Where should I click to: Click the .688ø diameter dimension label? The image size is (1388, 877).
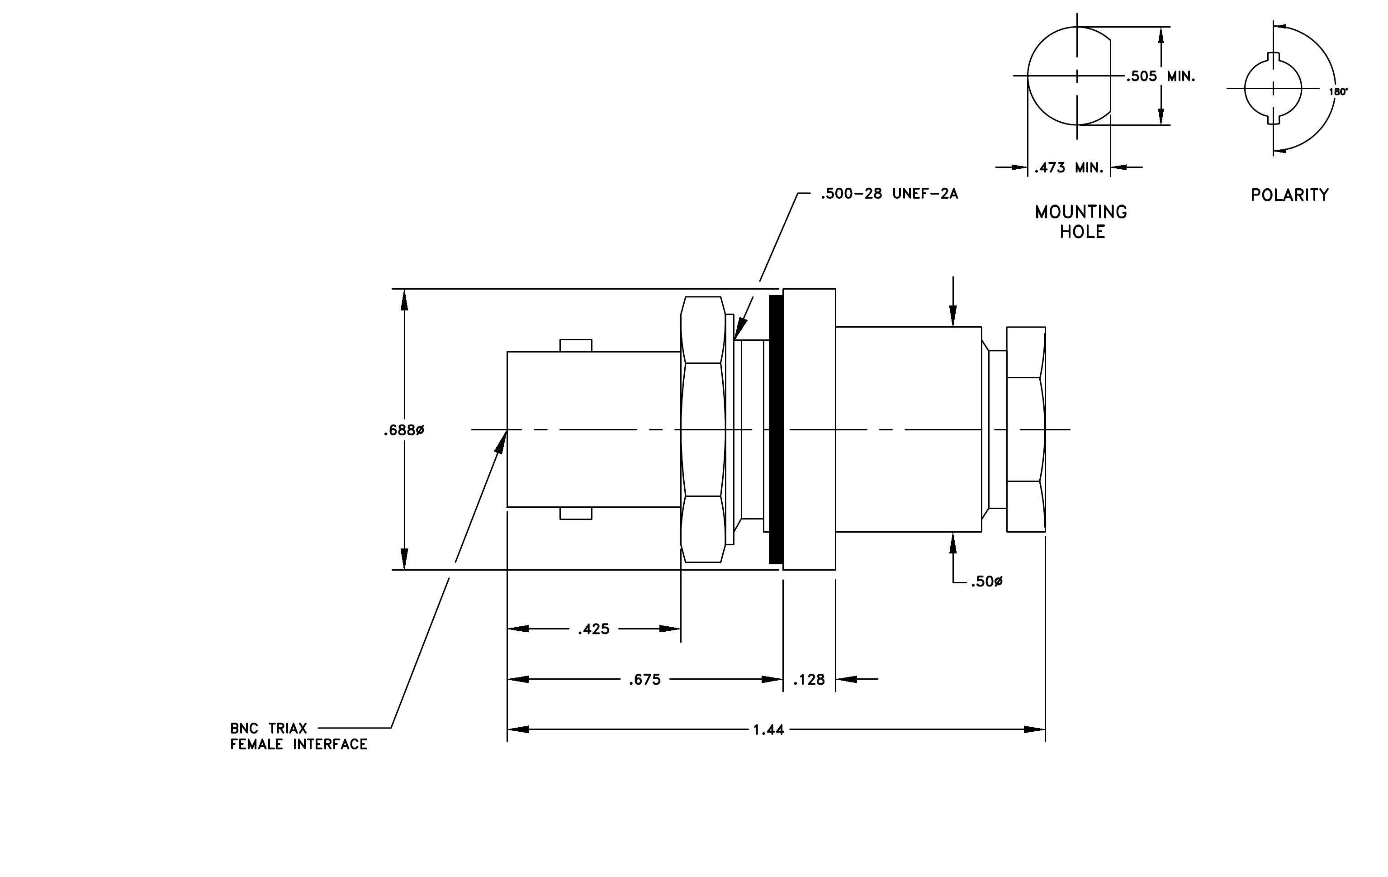pyautogui.click(x=403, y=431)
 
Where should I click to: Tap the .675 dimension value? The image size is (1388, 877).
pyautogui.click(x=644, y=680)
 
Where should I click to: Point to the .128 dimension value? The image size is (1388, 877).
pyautogui.click(x=809, y=680)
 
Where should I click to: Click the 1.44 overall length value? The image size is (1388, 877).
pyautogui.click(x=768, y=730)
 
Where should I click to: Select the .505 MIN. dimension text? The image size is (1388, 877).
pyautogui.click(x=1161, y=76)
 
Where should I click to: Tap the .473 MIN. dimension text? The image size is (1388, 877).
pyautogui.click(x=1069, y=168)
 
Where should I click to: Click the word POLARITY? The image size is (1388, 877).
pyautogui.click(x=1289, y=195)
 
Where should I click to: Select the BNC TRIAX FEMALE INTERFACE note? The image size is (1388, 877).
pyautogui.click(x=298, y=736)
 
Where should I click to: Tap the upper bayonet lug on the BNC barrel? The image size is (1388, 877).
pyautogui.click(x=576, y=345)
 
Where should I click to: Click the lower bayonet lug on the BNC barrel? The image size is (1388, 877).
pyautogui.click(x=576, y=513)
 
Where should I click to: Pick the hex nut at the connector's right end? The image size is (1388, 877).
pyautogui.click(x=1026, y=429)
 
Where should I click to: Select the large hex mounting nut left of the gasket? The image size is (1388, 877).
pyautogui.click(x=703, y=429)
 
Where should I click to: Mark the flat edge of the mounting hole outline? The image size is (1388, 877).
pyautogui.click(x=1111, y=76)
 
